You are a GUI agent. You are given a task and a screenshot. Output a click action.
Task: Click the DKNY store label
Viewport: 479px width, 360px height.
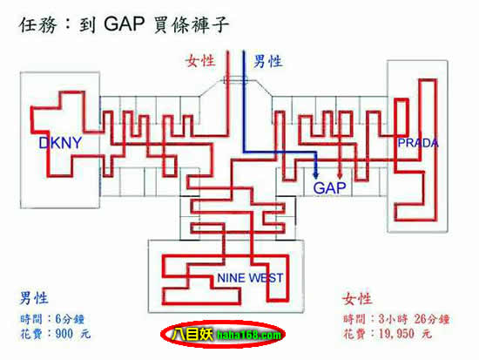60,143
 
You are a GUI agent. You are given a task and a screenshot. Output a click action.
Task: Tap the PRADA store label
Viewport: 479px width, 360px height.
418,143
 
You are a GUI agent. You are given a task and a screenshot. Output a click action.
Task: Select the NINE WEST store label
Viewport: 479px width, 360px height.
250,278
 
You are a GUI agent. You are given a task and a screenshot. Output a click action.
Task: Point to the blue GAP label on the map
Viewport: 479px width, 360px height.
329,187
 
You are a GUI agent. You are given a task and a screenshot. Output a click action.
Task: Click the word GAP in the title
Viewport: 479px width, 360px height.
125,24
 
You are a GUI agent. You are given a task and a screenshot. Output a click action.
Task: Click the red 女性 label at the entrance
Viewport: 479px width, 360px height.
200,61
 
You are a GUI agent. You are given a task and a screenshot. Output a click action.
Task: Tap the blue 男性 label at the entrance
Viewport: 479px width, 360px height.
267,61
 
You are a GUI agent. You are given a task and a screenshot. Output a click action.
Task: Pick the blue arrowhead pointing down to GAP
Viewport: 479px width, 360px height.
316,174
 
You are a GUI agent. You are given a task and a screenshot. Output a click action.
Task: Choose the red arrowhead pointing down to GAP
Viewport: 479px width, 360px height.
340,174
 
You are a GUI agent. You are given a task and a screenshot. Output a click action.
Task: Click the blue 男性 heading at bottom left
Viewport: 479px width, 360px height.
34,298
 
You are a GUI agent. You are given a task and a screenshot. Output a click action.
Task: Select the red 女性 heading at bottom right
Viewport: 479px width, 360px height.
357,299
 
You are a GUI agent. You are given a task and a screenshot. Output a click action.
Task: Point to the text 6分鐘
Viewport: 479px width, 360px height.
70,319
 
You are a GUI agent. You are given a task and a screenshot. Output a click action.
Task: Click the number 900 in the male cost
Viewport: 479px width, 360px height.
64,333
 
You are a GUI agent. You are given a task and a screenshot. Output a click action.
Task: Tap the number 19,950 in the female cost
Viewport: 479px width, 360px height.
396,334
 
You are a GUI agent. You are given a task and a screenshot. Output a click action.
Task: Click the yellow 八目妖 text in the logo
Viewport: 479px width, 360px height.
192,334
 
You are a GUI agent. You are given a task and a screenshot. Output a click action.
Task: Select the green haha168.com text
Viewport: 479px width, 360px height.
248,336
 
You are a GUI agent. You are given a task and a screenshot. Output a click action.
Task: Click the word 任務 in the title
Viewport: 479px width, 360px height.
37,24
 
